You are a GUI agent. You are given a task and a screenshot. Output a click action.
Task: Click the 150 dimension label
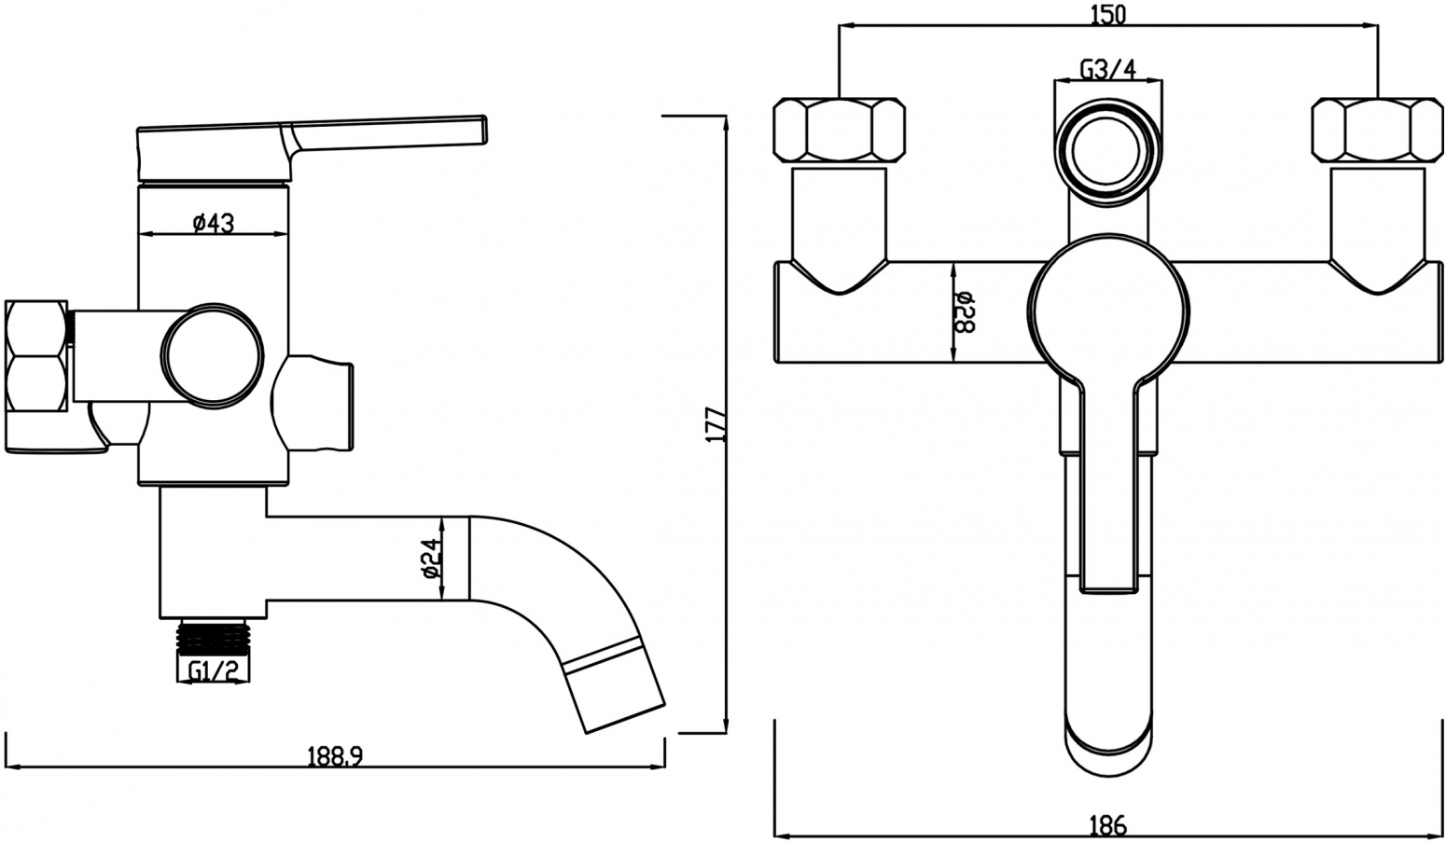1107,14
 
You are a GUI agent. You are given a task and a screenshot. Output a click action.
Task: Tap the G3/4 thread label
1107,68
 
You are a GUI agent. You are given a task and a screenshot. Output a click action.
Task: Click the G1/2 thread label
213,671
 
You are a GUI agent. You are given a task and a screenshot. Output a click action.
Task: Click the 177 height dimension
717,424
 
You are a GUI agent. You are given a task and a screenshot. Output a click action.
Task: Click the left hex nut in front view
840,130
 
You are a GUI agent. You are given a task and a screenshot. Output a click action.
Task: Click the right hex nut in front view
1378,130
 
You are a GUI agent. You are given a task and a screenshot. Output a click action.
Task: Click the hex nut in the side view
36,355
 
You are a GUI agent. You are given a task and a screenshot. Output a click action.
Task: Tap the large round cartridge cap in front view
1107,312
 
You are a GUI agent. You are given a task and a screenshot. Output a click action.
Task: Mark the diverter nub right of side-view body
313,404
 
